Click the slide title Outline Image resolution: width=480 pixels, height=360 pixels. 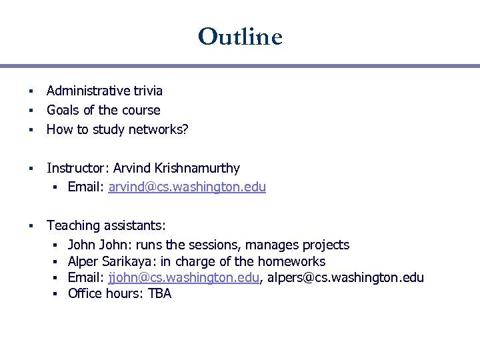pyautogui.click(x=240, y=36)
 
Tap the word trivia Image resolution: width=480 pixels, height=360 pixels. pyautogui.click(x=146, y=91)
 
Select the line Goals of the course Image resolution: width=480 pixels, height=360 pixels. pyautogui.click(x=103, y=110)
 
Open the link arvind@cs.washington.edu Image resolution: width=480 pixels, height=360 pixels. pyautogui.click(x=187, y=187)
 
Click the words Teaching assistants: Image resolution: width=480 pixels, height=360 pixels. pyautogui.click(x=107, y=226)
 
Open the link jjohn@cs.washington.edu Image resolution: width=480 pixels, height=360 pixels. pyautogui.click(x=183, y=277)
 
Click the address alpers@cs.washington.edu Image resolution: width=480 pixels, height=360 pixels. pyautogui.click(x=345, y=277)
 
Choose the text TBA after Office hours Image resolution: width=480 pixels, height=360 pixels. pyautogui.click(x=160, y=293)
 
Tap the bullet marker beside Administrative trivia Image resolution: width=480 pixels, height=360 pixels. pyautogui.click(x=31, y=91)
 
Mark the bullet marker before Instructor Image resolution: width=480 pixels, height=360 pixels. pyautogui.click(x=31, y=169)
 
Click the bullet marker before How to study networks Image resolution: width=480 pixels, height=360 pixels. pyautogui.click(x=31, y=130)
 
